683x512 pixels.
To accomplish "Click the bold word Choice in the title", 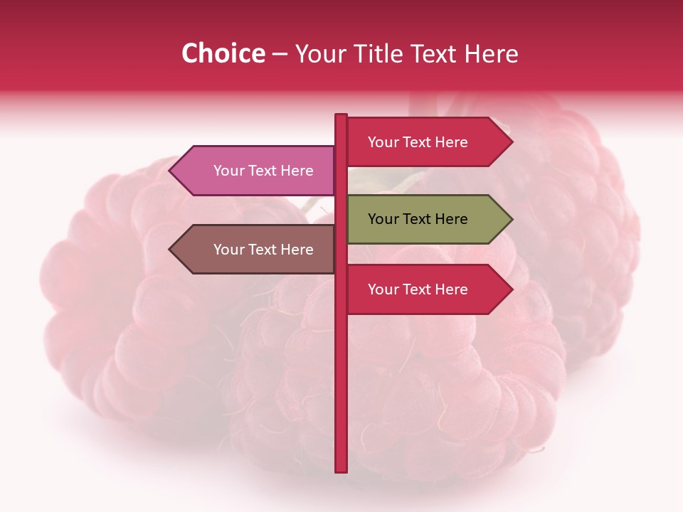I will [223, 54].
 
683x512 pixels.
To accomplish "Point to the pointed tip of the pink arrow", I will [171, 171].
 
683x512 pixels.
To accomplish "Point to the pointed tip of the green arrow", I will [511, 219].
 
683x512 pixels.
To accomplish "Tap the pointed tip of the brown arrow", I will [171, 250].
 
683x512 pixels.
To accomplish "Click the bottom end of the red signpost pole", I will [341, 469].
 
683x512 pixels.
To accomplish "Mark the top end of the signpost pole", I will [341, 116].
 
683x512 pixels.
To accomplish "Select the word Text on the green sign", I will [418, 219].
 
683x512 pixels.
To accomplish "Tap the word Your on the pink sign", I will [228, 171].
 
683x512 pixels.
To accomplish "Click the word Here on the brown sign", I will [297, 250].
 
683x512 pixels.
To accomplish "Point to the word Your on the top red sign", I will [383, 142].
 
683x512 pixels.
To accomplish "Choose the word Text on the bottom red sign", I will [418, 289].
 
